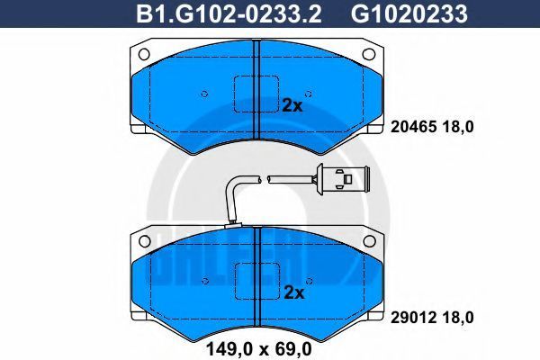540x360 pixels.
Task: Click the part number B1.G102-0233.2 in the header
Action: click(229, 14)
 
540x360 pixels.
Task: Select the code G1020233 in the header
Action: click(409, 14)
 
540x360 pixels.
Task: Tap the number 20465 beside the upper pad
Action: click(413, 127)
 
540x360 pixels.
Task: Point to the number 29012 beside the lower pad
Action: click(413, 318)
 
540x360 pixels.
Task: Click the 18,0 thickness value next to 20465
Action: click(458, 128)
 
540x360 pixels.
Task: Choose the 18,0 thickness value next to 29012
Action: click(458, 318)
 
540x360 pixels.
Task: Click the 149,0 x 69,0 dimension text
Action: click(258, 348)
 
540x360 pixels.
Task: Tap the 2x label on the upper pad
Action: click(292, 105)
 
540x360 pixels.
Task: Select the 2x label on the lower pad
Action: click(294, 292)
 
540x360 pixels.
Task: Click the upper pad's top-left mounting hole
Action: click(144, 54)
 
